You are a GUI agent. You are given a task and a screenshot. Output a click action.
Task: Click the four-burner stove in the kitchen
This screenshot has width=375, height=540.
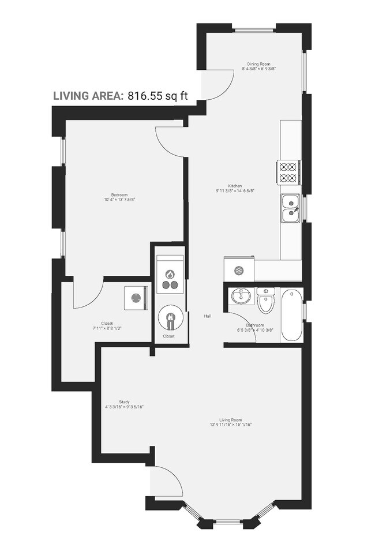tap(288, 172)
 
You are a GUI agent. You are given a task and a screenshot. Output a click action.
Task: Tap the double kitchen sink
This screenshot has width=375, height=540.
tap(290, 208)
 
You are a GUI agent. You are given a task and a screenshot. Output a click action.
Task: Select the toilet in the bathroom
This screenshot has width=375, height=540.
tap(266, 301)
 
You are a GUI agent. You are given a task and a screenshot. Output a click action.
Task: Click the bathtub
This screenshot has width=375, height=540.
tap(291, 315)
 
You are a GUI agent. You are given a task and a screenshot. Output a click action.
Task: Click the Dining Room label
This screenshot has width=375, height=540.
tap(258, 64)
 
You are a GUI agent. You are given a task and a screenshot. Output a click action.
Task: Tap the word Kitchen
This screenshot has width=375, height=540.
tap(234, 186)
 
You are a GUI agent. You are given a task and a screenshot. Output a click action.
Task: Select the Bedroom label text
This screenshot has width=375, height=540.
tap(119, 195)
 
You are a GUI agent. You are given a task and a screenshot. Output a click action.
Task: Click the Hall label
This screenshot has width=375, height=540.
tap(207, 316)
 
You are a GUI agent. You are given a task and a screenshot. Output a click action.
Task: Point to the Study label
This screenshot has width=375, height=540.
tap(124, 402)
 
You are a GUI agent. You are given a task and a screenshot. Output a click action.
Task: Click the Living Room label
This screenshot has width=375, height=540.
tap(230, 419)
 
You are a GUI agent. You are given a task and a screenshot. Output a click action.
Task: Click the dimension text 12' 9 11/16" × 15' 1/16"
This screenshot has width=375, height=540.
tap(230, 425)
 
